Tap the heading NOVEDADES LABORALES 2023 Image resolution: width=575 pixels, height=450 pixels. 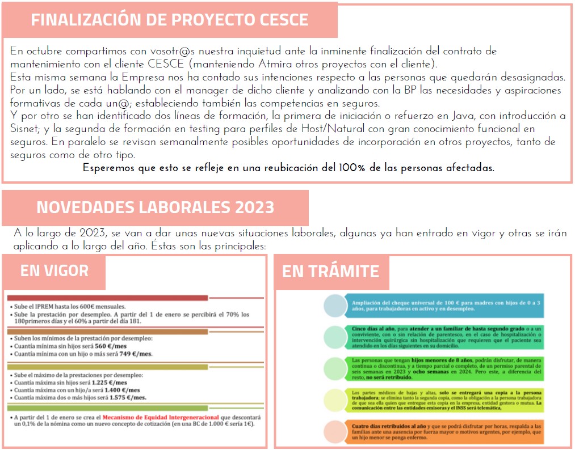point(155,207)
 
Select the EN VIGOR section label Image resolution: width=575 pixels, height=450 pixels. point(54,271)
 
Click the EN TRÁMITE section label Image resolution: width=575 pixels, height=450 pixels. point(330,271)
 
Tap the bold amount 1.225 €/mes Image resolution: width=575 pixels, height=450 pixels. point(111,382)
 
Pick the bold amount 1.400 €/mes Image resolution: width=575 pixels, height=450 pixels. point(124,390)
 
